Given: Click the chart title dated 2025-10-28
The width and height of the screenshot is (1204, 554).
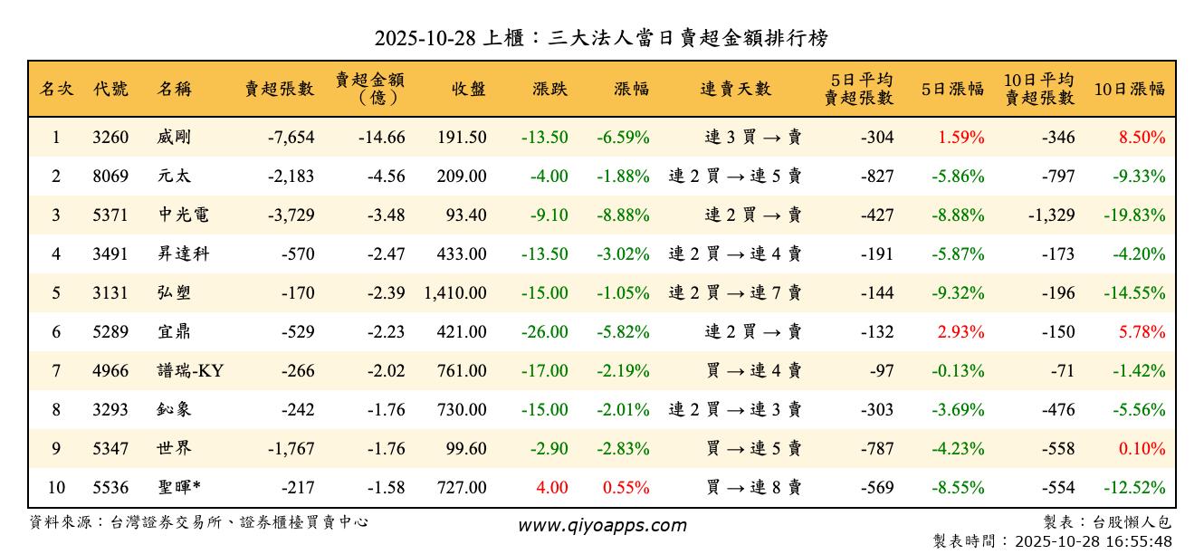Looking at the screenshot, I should point(602,38).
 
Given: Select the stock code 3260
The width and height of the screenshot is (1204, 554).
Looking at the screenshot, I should point(110,138).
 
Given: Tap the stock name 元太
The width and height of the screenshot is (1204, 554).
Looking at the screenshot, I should point(174,177).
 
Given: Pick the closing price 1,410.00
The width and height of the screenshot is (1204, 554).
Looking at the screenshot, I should point(454,293).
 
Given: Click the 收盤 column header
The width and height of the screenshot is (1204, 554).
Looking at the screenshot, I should point(468,89).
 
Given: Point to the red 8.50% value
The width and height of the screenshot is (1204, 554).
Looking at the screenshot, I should point(1142,138).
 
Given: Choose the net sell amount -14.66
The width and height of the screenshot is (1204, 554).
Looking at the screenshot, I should point(380,138).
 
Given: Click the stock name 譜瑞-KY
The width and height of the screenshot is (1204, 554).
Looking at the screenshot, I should point(190,371).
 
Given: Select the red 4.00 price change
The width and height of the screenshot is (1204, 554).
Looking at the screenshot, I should point(552,488).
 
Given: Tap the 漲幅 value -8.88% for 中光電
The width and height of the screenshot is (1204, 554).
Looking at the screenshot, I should point(623,215).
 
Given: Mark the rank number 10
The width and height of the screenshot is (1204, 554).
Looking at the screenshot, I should point(56,488).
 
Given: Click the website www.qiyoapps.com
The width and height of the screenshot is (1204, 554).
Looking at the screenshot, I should point(602,525).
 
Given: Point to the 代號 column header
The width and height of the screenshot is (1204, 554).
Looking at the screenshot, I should point(110,89).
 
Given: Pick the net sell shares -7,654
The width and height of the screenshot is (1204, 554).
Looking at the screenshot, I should point(291,138).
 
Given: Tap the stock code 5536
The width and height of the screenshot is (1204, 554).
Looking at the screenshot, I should point(110,488).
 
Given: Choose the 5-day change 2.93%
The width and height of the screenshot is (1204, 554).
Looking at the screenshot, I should point(960,332).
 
